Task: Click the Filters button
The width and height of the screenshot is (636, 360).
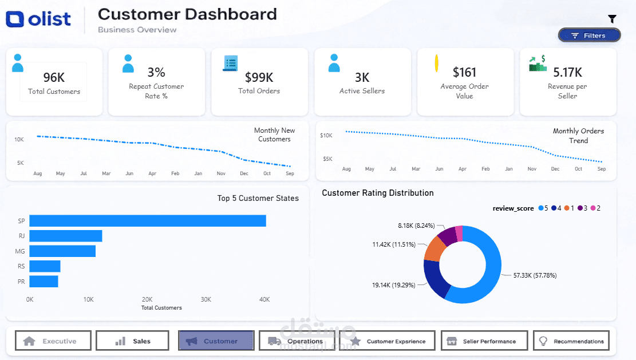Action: pyautogui.click(x=590, y=35)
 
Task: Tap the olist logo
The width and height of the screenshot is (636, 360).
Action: pyautogui.click(x=38, y=19)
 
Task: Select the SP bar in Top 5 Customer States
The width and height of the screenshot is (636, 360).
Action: pyautogui.click(x=148, y=221)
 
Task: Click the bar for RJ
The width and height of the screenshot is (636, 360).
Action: pyautogui.click(x=66, y=236)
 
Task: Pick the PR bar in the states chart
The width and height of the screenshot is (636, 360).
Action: pyautogui.click(x=44, y=282)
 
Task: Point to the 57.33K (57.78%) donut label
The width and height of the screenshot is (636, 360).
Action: pyautogui.click(x=535, y=275)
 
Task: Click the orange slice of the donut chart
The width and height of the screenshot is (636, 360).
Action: pyautogui.click(x=434, y=249)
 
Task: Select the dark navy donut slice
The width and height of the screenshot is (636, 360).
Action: pyautogui.click(x=436, y=278)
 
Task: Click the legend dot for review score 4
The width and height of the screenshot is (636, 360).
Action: pyautogui.click(x=554, y=208)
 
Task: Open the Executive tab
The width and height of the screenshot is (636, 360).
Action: pyautogui.click(x=53, y=341)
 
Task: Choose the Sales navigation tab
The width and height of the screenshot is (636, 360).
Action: pyautogui.click(x=132, y=341)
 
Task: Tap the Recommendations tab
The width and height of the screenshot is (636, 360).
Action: pyautogui.click(x=571, y=341)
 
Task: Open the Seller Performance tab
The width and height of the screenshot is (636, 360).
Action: pyautogui.click(x=484, y=341)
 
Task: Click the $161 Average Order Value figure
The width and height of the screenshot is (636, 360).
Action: pyautogui.click(x=464, y=73)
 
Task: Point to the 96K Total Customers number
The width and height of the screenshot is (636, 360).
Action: pyautogui.click(x=54, y=77)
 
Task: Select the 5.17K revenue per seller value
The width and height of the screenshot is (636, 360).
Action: pyautogui.click(x=567, y=73)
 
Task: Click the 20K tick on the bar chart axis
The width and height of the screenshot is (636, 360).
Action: pyautogui.click(x=147, y=299)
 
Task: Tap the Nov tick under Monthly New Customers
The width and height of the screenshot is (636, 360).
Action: pyautogui.click(x=221, y=173)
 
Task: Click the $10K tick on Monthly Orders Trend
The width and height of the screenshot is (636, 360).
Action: pyautogui.click(x=326, y=136)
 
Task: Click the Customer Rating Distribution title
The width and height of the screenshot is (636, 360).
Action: pyautogui.click(x=378, y=193)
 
